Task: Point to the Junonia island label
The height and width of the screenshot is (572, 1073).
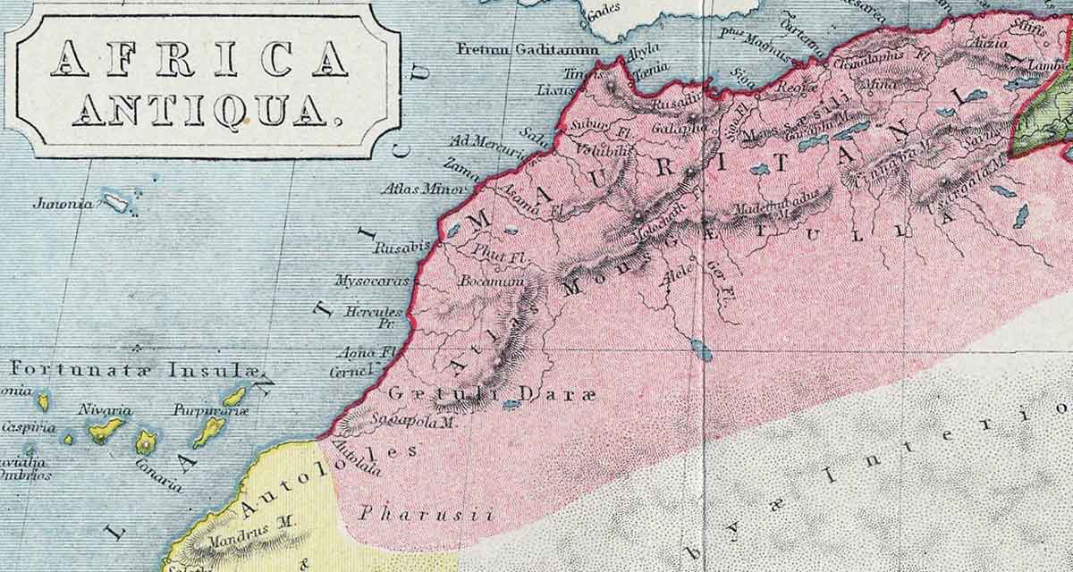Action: click(x=62, y=203)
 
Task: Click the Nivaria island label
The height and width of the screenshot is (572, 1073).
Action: click(x=106, y=410)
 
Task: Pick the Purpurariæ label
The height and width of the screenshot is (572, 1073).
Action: click(x=211, y=410)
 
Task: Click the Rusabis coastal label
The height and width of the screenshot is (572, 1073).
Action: click(x=401, y=246)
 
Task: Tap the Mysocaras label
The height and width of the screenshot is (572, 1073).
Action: click(x=371, y=281)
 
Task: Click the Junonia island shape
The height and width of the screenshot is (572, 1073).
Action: click(x=115, y=202)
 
